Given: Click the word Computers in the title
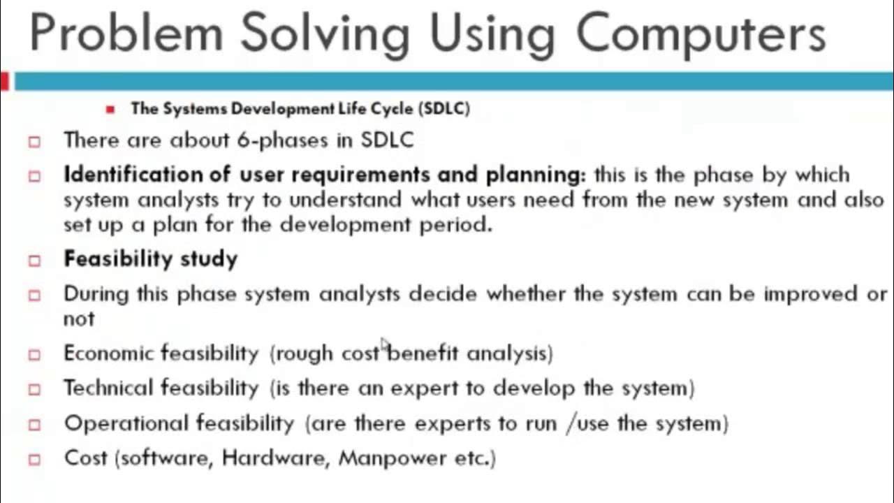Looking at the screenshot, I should [701, 34].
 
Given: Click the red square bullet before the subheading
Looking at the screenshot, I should [110, 109].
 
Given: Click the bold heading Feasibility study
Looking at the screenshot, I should [150, 259].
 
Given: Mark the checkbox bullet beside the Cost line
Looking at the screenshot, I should [34, 460].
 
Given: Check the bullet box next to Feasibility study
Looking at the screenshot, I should [34, 261].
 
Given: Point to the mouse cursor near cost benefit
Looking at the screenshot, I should [383, 343].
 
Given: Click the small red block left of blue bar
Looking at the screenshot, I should [4, 81].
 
